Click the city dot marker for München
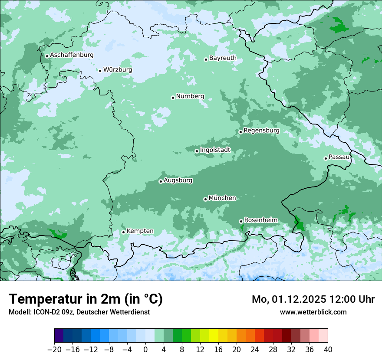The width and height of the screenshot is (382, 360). click(205, 199)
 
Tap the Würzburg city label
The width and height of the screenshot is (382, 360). click(118, 70)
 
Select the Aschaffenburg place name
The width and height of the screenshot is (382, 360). click(72, 55)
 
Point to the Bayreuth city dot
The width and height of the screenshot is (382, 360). click(206, 59)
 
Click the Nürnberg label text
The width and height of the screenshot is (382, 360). click(190, 96)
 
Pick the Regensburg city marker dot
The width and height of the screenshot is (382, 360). click(240, 132)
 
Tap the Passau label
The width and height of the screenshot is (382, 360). click(339, 157)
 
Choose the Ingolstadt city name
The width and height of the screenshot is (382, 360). click(215, 150)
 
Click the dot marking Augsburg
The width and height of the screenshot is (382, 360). click(161, 181)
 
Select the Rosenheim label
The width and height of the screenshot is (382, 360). click(260, 220)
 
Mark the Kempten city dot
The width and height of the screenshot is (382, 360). click(123, 232)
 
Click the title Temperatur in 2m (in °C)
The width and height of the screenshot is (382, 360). click(86, 299)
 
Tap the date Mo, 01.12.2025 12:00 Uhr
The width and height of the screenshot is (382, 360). click(313, 299)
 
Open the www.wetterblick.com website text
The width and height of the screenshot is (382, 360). click(313, 312)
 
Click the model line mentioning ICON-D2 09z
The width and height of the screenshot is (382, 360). click(79, 312)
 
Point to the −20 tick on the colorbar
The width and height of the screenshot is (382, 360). click(55, 350)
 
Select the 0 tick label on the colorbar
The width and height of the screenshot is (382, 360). click(145, 350)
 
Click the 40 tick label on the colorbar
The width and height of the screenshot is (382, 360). click(328, 350)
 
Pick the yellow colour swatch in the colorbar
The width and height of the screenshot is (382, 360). click(214, 336)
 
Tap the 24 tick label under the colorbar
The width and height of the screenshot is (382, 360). click(255, 350)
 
